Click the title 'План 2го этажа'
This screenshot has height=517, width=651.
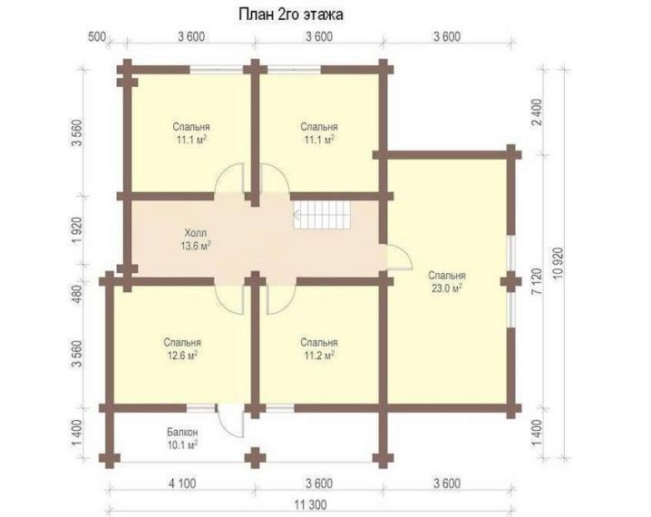(x=291, y=15)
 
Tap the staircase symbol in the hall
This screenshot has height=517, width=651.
(x=322, y=215)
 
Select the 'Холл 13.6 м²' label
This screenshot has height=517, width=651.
(x=195, y=239)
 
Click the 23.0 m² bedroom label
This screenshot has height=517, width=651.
(x=447, y=282)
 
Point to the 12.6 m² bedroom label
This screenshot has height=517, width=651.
(x=182, y=349)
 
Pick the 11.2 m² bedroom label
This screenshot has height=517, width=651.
(x=319, y=349)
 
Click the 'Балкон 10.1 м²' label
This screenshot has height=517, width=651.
(x=182, y=438)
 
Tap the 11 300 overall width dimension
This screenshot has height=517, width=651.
(x=311, y=505)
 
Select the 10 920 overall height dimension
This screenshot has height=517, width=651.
(x=559, y=266)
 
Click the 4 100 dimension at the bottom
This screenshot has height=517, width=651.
(x=182, y=483)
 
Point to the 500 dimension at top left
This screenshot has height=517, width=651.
(x=97, y=36)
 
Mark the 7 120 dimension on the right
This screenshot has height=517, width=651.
(x=537, y=281)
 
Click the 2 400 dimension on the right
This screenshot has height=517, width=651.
(x=537, y=112)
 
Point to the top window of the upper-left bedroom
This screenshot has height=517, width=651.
(x=217, y=69)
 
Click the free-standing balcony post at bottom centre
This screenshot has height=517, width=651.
(x=255, y=458)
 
